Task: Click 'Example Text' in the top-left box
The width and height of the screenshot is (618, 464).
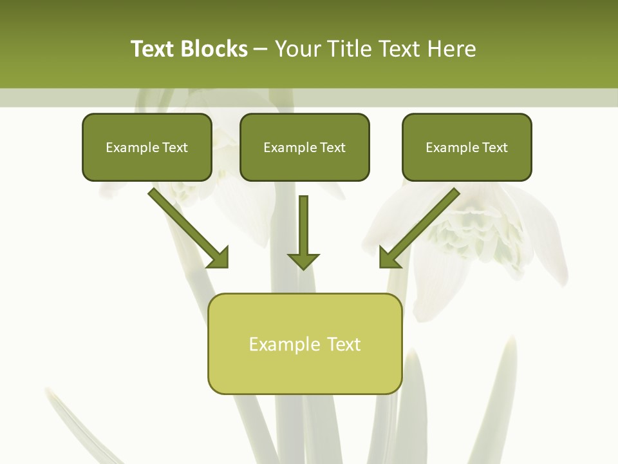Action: (147, 148)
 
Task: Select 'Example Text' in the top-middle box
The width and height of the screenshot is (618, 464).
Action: (304, 148)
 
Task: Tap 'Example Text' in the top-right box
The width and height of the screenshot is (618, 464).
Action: (467, 148)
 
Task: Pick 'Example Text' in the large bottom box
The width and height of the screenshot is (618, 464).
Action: (304, 344)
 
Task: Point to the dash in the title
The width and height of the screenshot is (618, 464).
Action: (261, 50)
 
